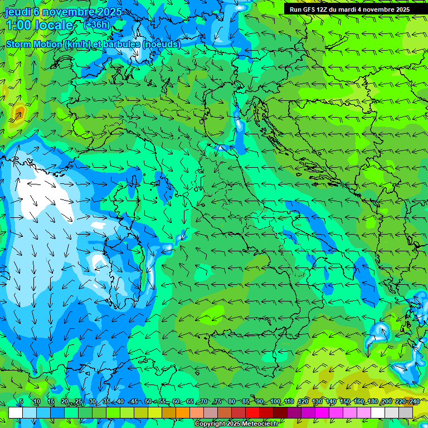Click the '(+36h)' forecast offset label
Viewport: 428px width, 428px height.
(x=96, y=25)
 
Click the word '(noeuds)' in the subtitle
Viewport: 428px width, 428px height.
(x=162, y=44)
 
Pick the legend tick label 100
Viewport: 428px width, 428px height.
(x=275, y=402)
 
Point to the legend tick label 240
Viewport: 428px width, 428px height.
(x=414, y=402)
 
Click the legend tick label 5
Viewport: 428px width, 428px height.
(x=21, y=402)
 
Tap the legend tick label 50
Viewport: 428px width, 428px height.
(x=148, y=402)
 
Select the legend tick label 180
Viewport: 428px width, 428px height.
(x=372, y=402)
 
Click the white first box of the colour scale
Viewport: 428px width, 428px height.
(x=16, y=412)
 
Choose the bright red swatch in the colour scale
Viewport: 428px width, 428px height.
(x=252, y=412)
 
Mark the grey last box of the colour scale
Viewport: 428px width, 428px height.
(x=406, y=412)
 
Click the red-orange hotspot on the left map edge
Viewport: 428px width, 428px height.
(x=18, y=114)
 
